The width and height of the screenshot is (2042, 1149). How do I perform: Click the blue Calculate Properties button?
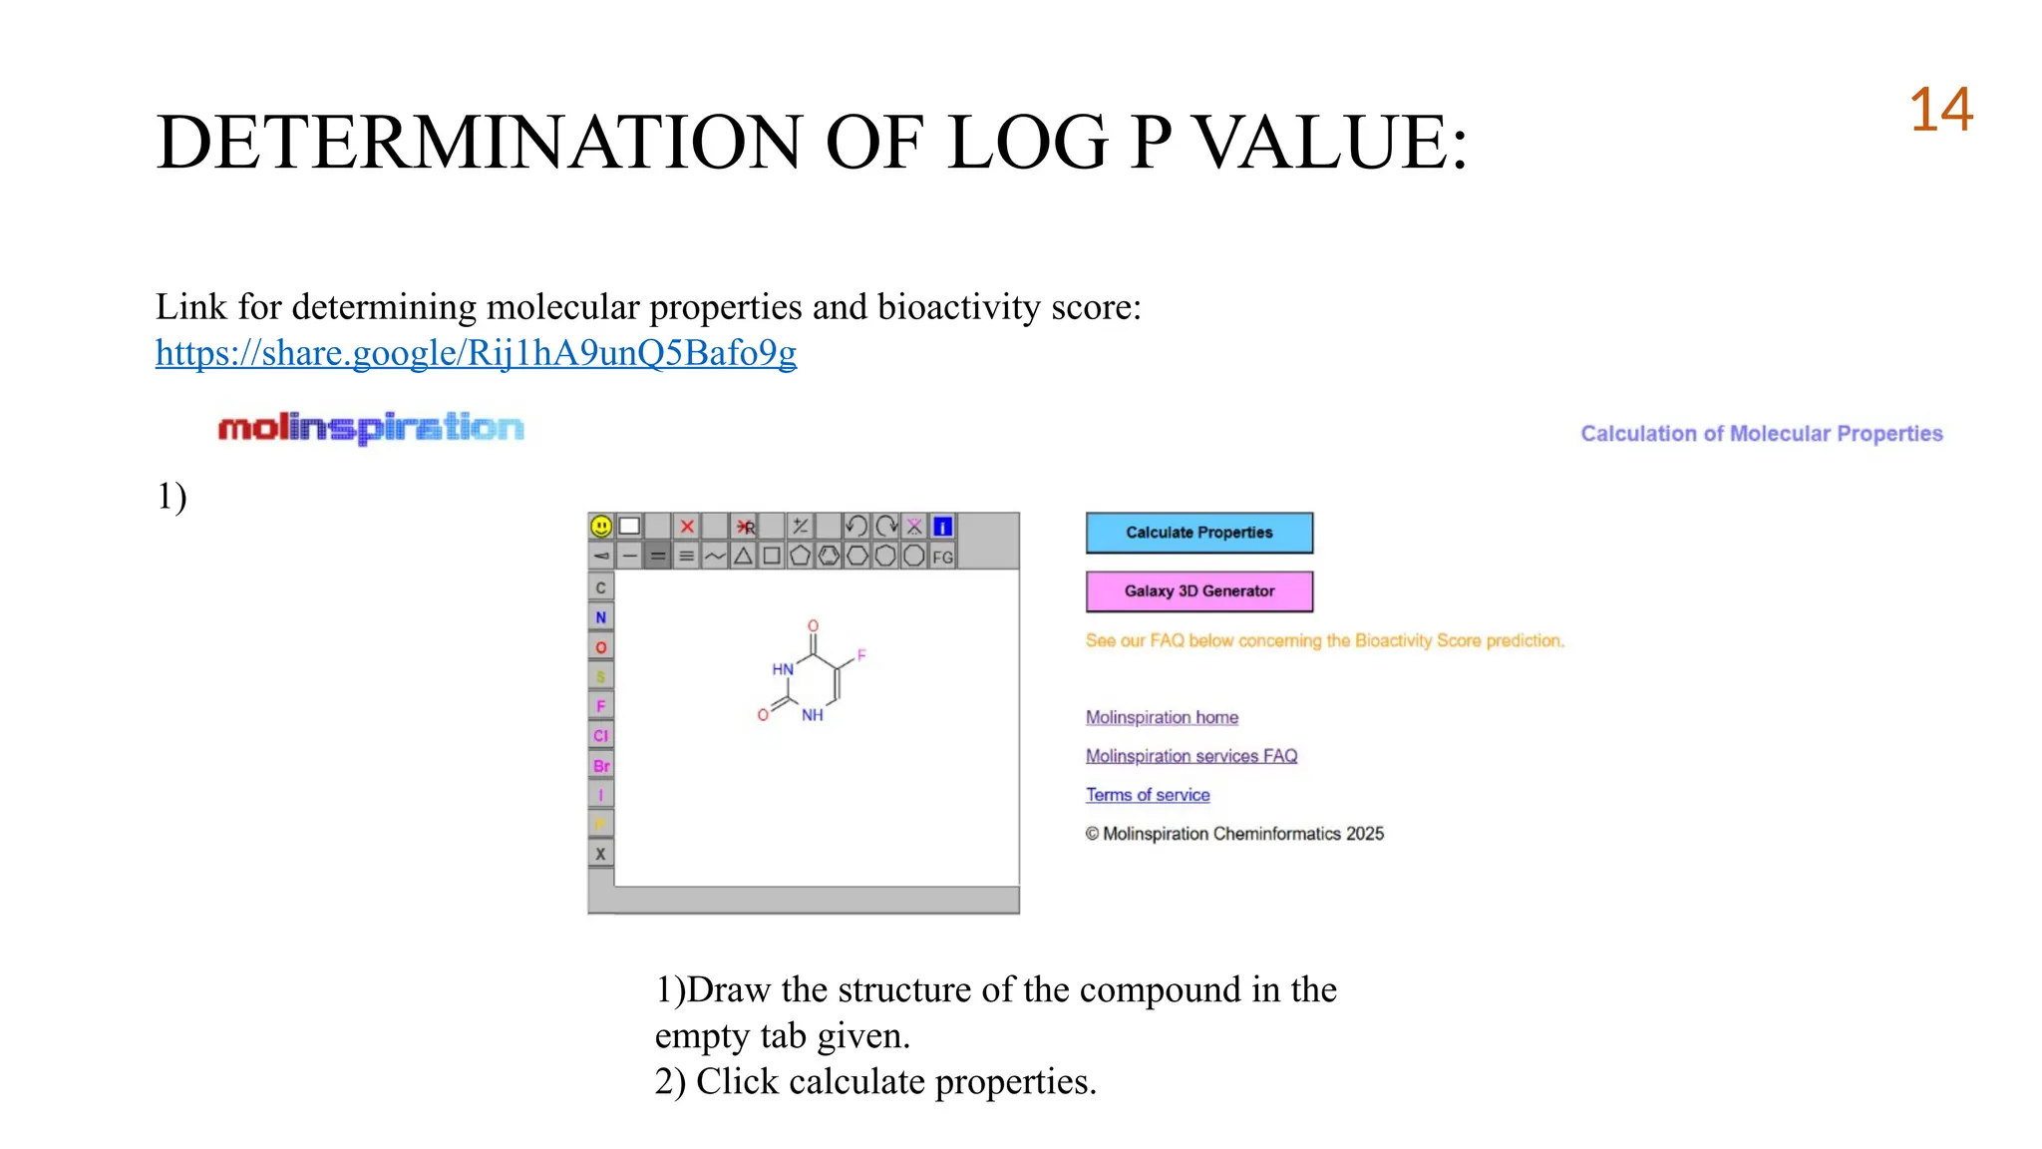click(x=1198, y=533)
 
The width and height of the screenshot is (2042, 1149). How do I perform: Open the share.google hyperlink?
click(x=476, y=353)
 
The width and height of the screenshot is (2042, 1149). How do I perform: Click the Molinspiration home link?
click(x=1162, y=717)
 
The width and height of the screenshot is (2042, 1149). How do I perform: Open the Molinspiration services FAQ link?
click(x=1191, y=756)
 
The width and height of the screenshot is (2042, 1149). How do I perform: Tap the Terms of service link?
click(x=1148, y=795)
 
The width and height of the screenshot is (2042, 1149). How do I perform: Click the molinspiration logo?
click(x=371, y=428)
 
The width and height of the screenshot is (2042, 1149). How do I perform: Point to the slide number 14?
click(x=1940, y=110)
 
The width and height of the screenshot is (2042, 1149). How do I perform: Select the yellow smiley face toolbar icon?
click(x=601, y=527)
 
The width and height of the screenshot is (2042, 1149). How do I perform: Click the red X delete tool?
click(x=687, y=527)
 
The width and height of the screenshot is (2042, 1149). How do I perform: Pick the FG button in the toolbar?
click(x=942, y=557)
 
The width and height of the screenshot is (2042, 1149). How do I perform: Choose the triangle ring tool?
click(x=743, y=557)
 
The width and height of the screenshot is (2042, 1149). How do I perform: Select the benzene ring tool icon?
click(x=829, y=557)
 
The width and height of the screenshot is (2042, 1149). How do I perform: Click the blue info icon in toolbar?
click(x=942, y=527)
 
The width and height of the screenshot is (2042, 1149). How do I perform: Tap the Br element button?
click(x=601, y=766)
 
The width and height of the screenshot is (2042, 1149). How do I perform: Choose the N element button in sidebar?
click(x=601, y=617)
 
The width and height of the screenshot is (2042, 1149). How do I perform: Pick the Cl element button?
click(x=601, y=736)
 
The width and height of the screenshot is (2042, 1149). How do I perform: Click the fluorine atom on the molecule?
click(x=861, y=655)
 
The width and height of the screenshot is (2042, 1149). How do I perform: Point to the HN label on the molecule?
click(x=783, y=669)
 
